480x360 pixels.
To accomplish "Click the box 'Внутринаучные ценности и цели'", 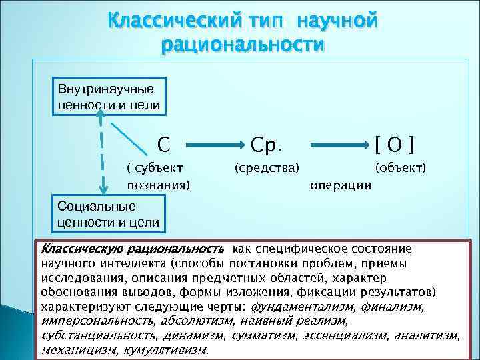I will pos(106,97).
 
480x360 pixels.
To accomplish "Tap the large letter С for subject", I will pos(163,143).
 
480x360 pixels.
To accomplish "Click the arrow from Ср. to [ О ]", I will pos(336,144).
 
